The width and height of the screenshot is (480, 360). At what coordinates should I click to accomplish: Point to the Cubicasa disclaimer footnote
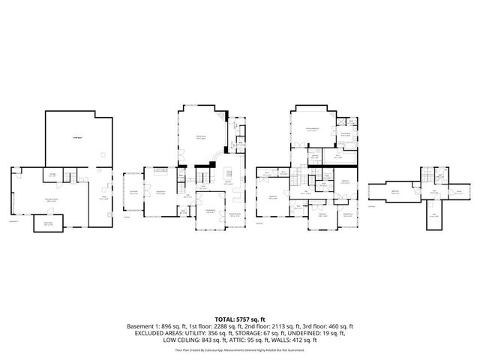point(239,349)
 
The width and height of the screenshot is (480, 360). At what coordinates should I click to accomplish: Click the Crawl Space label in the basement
point(76,138)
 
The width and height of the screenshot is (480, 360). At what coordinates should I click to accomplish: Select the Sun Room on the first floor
point(133,193)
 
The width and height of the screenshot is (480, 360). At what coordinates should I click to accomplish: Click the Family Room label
point(201,136)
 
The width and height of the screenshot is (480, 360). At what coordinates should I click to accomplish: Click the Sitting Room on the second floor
point(348,214)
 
